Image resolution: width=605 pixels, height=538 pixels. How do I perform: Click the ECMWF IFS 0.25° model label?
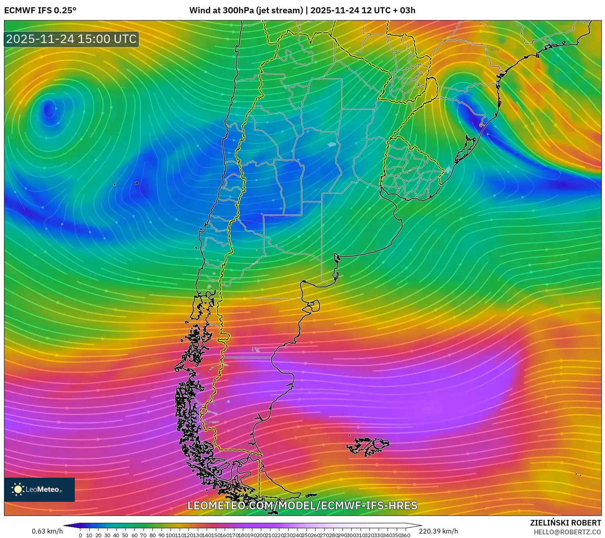tap(40, 10)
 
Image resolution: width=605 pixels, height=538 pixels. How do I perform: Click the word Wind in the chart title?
tap(199, 10)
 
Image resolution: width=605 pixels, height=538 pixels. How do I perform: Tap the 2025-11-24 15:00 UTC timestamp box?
tap(72, 39)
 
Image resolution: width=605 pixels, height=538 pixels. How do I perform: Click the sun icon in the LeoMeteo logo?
tap(18, 489)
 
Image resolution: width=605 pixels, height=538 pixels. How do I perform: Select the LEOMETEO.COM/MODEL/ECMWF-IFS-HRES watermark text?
tap(302, 505)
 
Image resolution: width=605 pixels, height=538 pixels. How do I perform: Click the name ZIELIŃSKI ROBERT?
tap(566, 523)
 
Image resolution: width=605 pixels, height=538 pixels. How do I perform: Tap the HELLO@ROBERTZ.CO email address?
tap(567, 532)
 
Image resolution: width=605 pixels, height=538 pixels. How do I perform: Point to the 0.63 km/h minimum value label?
tap(47, 531)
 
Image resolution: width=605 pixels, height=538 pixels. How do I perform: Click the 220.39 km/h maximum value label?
tap(438, 531)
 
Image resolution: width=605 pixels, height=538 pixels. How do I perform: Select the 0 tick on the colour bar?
tap(80, 535)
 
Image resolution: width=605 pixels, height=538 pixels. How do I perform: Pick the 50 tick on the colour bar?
tap(125, 535)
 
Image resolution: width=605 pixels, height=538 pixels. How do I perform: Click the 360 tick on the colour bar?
tap(406, 535)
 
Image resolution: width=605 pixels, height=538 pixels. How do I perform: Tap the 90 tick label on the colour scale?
tap(162, 535)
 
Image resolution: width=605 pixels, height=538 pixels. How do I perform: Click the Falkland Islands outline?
tap(368, 446)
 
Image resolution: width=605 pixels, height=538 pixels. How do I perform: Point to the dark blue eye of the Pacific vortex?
tap(49, 109)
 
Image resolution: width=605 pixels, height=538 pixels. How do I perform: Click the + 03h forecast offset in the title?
tap(404, 10)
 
